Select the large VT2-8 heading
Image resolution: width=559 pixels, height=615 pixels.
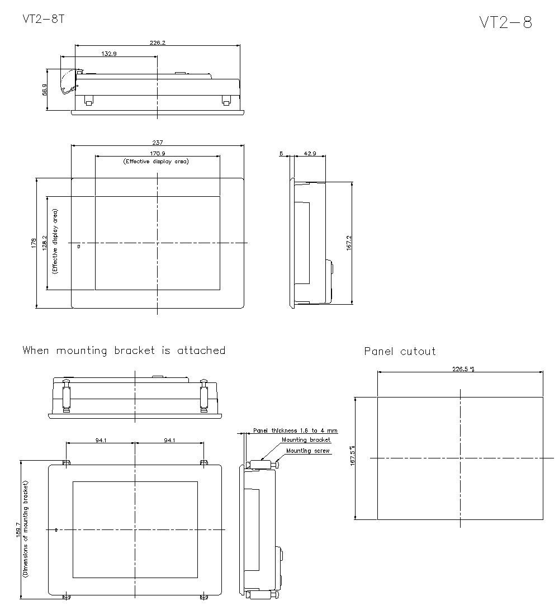[505, 22]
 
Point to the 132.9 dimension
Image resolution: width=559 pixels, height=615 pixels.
[109, 54]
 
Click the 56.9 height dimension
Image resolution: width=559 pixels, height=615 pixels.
[44, 89]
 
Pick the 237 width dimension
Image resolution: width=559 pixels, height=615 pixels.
[158, 143]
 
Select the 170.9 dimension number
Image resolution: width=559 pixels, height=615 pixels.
[157, 153]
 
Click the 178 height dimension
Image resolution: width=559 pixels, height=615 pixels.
[34, 243]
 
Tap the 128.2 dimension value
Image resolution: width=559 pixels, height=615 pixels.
[44, 243]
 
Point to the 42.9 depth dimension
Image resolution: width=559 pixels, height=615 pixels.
[309, 153]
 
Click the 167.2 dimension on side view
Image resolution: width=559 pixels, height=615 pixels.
[349, 243]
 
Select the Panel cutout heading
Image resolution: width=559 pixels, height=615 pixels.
[400, 352]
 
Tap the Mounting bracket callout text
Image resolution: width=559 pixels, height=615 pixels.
[306, 441]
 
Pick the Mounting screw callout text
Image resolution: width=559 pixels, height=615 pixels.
[308, 451]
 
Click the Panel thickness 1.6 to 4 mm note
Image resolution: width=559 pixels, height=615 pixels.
[295, 431]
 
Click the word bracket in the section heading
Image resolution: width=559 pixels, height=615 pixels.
[134, 351]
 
